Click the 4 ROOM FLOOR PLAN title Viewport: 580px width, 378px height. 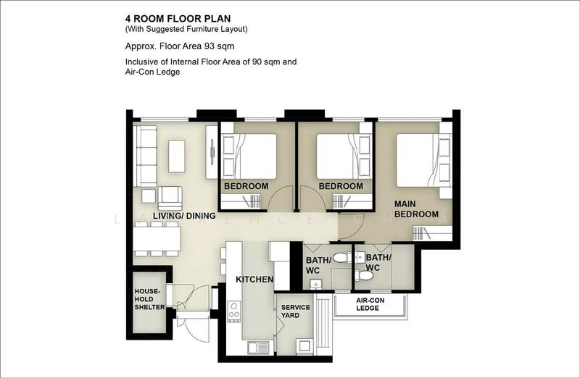tap(178, 19)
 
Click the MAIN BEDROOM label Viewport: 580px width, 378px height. tap(416, 209)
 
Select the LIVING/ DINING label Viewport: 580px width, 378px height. tap(184, 216)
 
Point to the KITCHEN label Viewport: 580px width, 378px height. tap(254, 280)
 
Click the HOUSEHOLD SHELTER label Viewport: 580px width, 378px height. tap(149, 299)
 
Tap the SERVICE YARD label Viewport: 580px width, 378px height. tap(296, 311)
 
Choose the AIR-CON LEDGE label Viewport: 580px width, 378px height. tap(370, 304)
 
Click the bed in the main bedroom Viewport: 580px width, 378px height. tap(423, 160)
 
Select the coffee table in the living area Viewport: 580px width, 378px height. tap(177, 156)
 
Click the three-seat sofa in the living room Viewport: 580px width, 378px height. tap(145, 156)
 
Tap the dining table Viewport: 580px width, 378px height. tap(157, 239)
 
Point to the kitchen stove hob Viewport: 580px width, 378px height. tap(233, 312)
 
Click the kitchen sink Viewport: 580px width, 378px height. tap(258, 348)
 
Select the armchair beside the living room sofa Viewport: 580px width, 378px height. tap(170, 198)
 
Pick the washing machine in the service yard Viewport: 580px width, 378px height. tap(304, 347)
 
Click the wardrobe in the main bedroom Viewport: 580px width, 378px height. tap(432, 233)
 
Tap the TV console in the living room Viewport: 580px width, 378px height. tap(212, 152)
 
